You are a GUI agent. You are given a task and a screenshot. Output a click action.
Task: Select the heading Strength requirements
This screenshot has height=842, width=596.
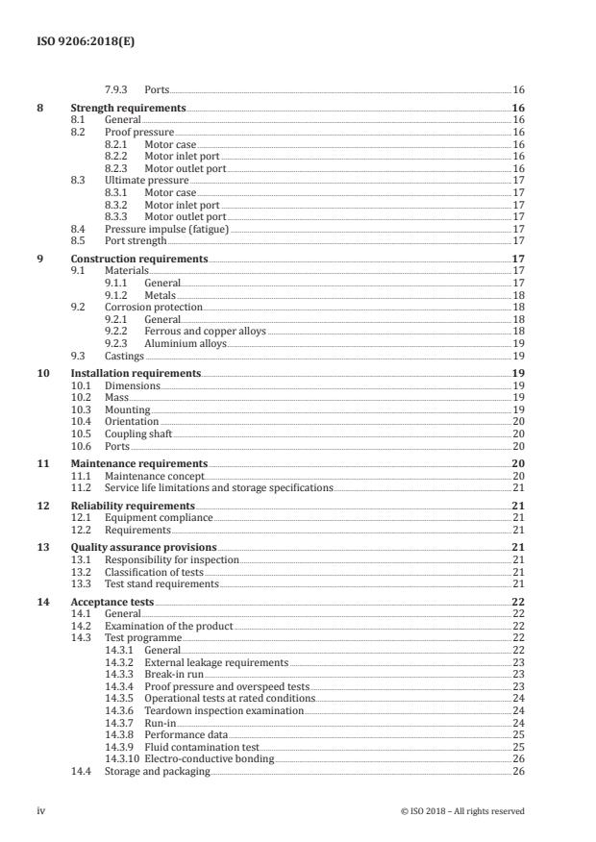pyautogui.click(x=128, y=110)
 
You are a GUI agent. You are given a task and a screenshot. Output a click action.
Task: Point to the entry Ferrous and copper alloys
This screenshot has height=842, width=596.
pyautogui.click(x=205, y=331)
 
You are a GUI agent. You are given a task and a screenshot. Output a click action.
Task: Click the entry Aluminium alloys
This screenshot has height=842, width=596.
pyautogui.click(x=185, y=342)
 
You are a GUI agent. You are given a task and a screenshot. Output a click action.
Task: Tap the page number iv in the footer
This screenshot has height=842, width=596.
pyautogui.click(x=41, y=811)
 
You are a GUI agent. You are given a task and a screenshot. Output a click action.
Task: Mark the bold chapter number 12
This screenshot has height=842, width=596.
pyautogui.click(x=42, y=506)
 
